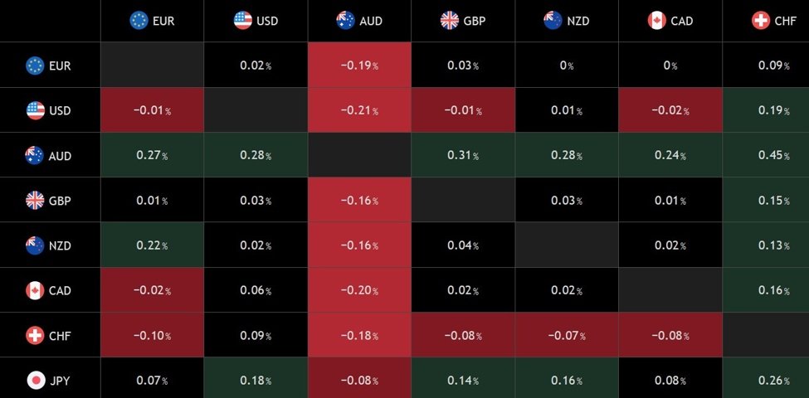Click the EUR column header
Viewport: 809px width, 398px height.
point(153,21)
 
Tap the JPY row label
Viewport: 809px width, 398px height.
point(49,381)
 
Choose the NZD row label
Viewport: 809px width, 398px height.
point(49,245)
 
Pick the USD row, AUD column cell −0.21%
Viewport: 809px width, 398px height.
point(359,110)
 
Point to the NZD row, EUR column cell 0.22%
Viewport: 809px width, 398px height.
point(153,245)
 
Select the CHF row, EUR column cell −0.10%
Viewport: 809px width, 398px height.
point(153,336)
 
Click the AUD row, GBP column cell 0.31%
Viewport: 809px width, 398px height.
point(463,156)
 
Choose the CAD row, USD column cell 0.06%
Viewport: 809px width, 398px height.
point(256,291)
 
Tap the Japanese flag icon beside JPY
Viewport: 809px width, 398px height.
point(36,381)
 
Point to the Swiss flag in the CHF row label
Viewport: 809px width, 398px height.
point(36,336)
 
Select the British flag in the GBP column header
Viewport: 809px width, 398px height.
point(450,21)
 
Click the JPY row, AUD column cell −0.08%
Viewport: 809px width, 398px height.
point(359,381)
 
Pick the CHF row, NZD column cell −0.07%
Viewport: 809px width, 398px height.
point(567,336)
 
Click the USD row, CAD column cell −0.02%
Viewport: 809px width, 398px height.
point(670,110)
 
